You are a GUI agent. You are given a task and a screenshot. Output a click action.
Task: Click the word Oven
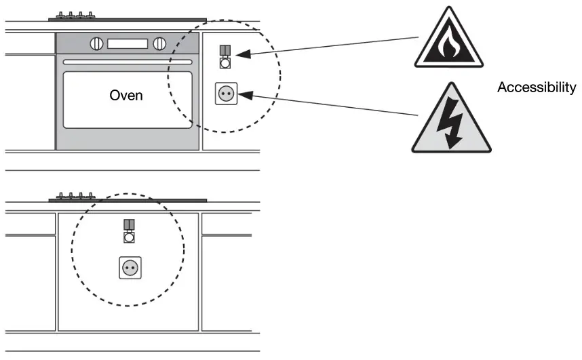tap(126, 95)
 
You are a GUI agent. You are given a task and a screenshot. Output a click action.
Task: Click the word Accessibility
tap(537, 87)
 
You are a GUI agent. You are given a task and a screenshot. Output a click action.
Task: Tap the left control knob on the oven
tap(97, 44)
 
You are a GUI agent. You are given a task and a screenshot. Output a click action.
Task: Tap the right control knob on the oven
tap(159, 44)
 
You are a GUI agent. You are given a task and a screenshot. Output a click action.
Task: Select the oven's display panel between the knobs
tap(128, 44)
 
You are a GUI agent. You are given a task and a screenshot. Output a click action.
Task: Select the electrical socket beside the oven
tap(225, 94)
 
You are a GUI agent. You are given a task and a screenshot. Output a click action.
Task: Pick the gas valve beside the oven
tap(225, 57)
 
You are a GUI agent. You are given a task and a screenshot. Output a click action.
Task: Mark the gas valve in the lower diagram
tap(129, 231)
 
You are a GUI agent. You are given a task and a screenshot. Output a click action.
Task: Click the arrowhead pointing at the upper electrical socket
tap(245, 96)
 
